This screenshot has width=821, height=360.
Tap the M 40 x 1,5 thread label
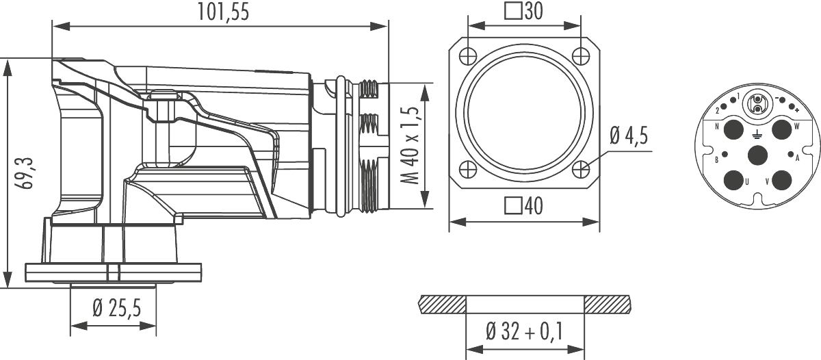pyautogui.click(x=412, y=146)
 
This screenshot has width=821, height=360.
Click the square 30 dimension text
pyautogui.click(x=523, y=12)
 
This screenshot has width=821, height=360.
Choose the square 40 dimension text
pyautogui.click(x=523, y=205)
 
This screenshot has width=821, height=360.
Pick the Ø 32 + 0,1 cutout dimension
pyautogui.click(x=524, y=332)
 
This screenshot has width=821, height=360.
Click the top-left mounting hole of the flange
pyautogui.click(x=468, y=55)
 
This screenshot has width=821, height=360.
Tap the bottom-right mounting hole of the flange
pyautogui.click(x=581, y=168)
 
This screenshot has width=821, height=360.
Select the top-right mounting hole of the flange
pyautogui.click(x=581, y=55)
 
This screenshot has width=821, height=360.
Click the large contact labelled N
pyautogui.click(x=733, y=129)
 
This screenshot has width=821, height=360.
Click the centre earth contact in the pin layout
pyautogui.click(x=757, y=155)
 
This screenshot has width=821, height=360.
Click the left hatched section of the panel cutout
pyautogui.click(x=442, y=303)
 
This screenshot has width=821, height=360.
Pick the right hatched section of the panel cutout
pyautogui.click(x=607, y=303)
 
